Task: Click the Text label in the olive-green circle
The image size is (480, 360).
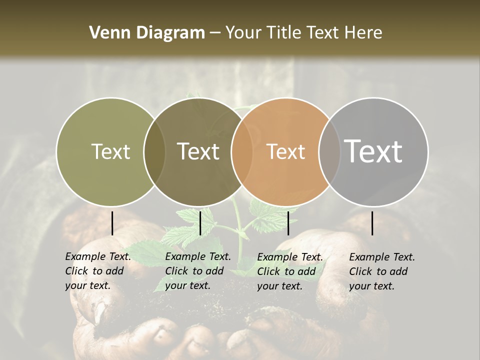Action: pos(111,151)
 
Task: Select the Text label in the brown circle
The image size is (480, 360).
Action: pos(198,151)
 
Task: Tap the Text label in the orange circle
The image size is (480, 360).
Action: pos(286,151)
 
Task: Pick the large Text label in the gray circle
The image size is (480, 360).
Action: pos(373,151)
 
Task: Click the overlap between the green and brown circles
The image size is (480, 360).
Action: pos(154,151)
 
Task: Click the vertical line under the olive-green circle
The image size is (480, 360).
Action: pos(112,223)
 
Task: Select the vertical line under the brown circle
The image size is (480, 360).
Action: pos(200,223)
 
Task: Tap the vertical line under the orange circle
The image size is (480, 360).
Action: pos(288,223)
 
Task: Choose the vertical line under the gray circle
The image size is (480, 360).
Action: pos(372,223)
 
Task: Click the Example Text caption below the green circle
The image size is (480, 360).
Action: pos(98,271)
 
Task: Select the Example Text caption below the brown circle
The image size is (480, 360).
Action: pos(198,271)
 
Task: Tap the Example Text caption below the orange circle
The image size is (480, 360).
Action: pos(290,271)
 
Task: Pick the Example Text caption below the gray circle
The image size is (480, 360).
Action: pos(382,271)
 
